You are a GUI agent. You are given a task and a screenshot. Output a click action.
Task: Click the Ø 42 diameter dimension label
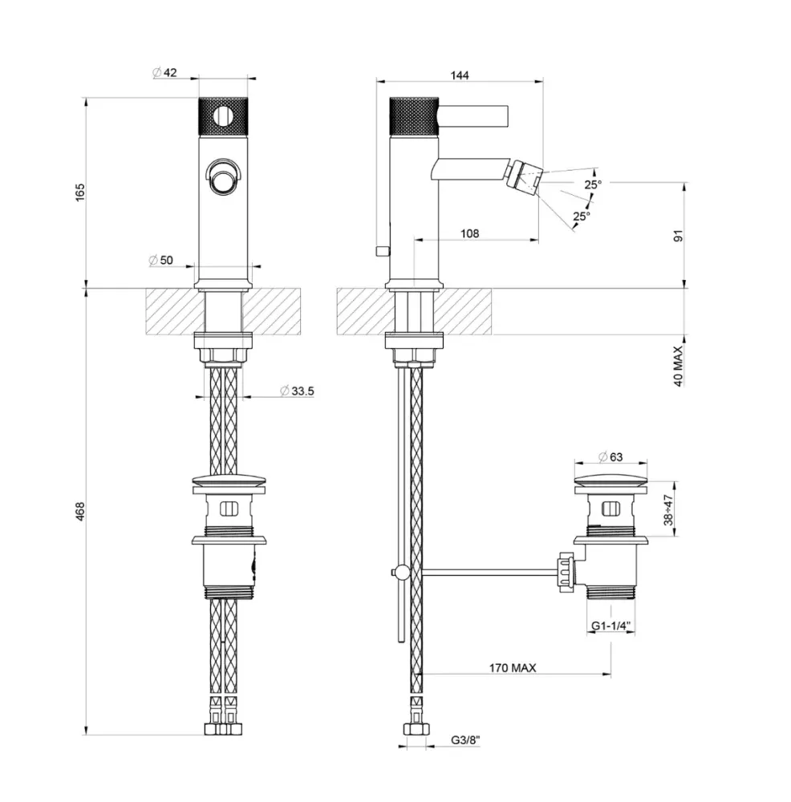pyautogui.click(x=164, y=73)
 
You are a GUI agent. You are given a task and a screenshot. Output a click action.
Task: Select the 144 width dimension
pyautogui.click(x=460, y=75)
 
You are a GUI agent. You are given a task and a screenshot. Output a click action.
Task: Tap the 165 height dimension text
pyautogui.click(x=80, y=192)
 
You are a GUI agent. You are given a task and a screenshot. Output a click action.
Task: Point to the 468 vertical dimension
pyautogui.click(x=80, y=512)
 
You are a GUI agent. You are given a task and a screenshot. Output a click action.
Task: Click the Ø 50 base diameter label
pyautogui.click(x=161, y=261)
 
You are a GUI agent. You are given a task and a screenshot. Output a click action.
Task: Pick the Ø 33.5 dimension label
pyautogui.click(x=298, y=391)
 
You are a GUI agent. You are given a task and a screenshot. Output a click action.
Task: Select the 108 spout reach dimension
pyautogui.click(x=469, y=233)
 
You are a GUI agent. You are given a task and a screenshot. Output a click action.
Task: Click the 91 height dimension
pyautogui.click(x=679, y=236)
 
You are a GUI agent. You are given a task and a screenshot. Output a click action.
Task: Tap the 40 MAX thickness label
pyautogui.click(x=679, y=366)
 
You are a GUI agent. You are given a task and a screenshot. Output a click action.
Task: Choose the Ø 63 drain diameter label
pyautogui.click(x=610, y=457)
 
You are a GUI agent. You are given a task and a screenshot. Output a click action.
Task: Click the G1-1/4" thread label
pyautogui.click(x=611, y=626)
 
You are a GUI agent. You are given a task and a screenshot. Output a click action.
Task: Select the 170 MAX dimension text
pyautogui.click(x=513, y=668)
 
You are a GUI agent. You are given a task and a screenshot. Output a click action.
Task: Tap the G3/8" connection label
pyautogui.click(x=465, y=739)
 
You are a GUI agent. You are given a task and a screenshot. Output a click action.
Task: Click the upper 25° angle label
pyautogui.click(x=593, y=184)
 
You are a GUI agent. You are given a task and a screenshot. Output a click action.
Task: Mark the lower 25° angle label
pyautogui.click(x=582, y=217)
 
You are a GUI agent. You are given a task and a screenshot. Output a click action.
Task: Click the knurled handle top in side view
pyautogui.click(x=415, y=115)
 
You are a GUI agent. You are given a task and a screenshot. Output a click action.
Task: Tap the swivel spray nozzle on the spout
pyautogui.click(x=524, y=177)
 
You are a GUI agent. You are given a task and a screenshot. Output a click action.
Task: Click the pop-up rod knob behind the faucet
pyautogui.click(x=381, y=250)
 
